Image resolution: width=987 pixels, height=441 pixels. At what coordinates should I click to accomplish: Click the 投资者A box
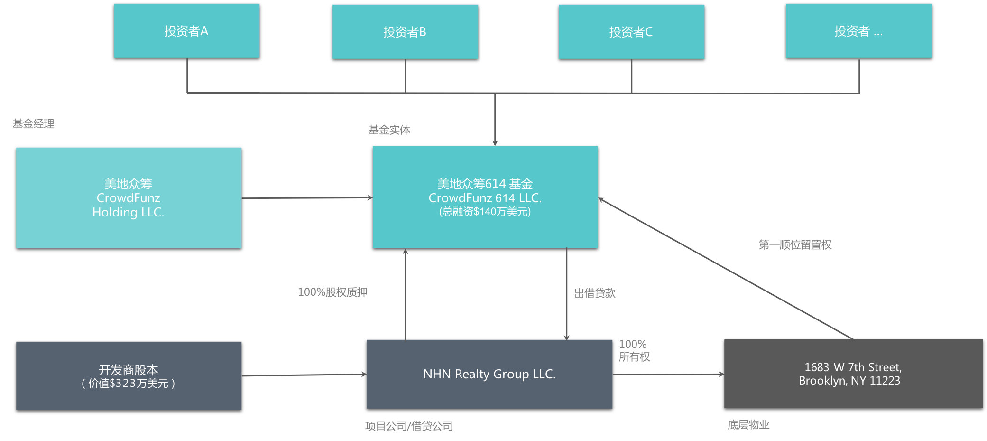pyautogui.click(x=186, y=31)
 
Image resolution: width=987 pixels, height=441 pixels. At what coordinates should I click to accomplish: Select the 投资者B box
pyautogui.click(x=405, y=32)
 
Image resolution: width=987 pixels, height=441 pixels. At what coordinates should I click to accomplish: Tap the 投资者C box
pyautogui.click(x=631, y=32)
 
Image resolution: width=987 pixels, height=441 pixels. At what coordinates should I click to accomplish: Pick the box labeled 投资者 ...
pyautogui.click(x=859, y=31)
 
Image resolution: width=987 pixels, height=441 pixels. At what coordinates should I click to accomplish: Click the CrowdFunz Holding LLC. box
pyautogui.click(x=129, y=197)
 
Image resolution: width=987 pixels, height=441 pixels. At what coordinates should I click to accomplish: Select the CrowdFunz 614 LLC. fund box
pyautogui.click(x=485, y=197)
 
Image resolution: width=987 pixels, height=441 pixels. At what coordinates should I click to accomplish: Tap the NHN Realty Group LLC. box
pyautogui.click(x=489, y=374)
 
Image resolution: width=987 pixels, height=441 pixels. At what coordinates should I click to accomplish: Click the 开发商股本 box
pyautogui.click(x=129, y=376)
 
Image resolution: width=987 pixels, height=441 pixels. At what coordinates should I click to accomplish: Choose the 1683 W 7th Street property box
pyautogui.click(x=853, y=374)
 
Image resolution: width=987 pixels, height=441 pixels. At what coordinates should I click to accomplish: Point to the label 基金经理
pyautogui.click(x=33, y=124)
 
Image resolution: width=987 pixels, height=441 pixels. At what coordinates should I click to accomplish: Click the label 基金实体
pyautogui.click(x=389, y=130)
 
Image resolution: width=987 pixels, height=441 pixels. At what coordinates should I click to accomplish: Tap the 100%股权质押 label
pyautogui.click(x=332, y=292)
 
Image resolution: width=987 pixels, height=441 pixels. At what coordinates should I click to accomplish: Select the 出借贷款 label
pyautogui.click(x=595, y=293)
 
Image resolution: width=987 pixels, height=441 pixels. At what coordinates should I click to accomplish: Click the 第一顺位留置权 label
pyautogui.click(x=795, y=245)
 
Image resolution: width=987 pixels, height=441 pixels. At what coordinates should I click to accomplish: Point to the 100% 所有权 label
pyautogui.click(x=635, y=350)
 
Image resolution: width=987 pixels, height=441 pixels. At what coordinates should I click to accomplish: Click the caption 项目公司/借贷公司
pyautogui.click(x=409, y=426)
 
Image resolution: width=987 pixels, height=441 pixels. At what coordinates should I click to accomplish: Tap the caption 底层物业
pyautogui.click(x=748, y=425)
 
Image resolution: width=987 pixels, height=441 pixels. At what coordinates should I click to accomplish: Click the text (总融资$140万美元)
pyautogui.click(x=485, y=212)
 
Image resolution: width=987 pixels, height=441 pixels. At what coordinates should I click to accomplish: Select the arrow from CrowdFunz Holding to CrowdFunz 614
pyautogui.click(x=307, y=198)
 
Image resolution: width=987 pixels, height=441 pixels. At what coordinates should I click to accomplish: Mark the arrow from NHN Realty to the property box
pyautogui.click(x=669, y=375)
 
